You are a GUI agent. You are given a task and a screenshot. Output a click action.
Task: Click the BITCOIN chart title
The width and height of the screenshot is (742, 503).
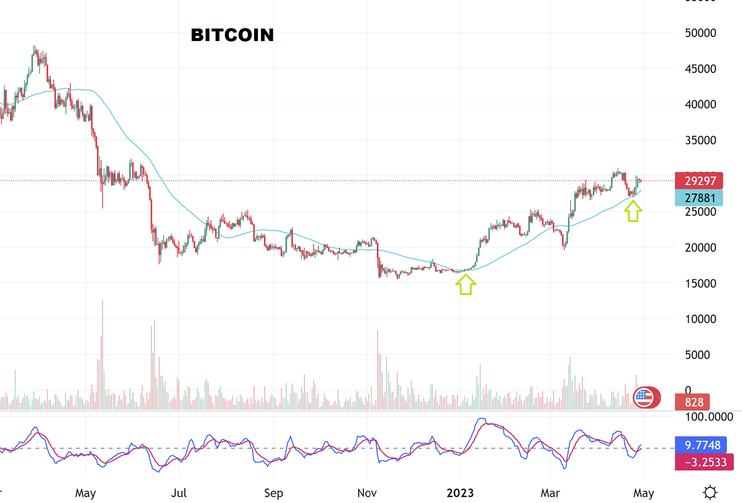(232, 35)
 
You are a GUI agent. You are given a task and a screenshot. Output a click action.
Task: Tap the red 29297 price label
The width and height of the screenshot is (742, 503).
(699, 181)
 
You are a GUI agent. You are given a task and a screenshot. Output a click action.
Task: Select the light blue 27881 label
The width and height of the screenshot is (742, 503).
(699, 197)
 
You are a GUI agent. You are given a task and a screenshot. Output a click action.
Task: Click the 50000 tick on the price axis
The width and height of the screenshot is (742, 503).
(700, 33)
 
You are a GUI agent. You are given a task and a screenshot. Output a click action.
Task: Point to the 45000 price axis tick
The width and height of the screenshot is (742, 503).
(700, 68)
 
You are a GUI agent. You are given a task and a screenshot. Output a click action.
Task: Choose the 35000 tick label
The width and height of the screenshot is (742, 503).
(700, 140)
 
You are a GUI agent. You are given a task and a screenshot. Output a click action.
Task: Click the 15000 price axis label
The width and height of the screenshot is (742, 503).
(700, 283)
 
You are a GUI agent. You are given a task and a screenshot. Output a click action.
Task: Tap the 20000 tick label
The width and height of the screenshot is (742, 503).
(700, 247)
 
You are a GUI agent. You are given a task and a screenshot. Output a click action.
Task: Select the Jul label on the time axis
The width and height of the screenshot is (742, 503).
(178, 493)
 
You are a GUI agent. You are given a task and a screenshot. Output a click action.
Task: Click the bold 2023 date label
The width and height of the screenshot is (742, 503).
(460, 493)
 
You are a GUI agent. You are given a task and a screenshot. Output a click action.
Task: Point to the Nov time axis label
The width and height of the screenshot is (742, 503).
(367, 493)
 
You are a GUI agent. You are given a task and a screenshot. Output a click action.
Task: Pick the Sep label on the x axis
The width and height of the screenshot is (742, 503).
(273, 493)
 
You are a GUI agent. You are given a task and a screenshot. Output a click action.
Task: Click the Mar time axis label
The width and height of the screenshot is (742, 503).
(550, 493)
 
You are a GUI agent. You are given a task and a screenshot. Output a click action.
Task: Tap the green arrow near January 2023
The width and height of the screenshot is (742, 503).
(466, 284)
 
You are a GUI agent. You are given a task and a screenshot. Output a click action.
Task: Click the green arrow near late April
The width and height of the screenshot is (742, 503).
(633, 211)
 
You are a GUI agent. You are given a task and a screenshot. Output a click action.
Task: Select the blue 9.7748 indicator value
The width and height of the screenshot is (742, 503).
(702, 445)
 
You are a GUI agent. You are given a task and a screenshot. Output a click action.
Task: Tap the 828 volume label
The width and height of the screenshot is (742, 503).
(694, 402)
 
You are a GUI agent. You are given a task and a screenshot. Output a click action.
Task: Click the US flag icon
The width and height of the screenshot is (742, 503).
(643, 397)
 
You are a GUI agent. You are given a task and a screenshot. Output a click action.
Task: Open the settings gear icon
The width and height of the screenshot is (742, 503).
(710, 493)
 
